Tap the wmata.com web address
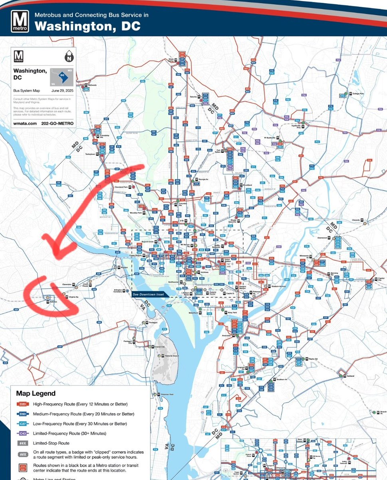click(24, 124)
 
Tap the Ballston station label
click(55, 302)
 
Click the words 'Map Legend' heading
click(36, 394)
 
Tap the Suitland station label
click(351, 376)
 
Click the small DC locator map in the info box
click(62, 76)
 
